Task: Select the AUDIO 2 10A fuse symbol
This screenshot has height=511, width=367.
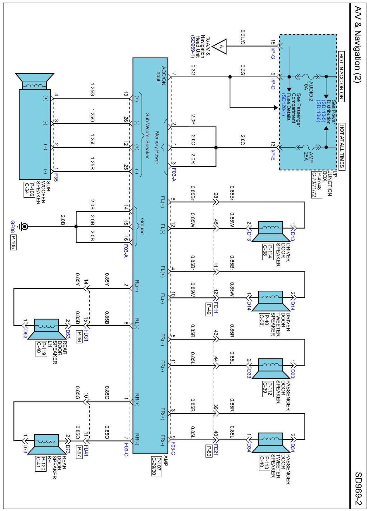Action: point(308,77)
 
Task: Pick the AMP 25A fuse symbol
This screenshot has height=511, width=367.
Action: point(308,147)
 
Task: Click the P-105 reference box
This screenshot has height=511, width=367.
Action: point(13,242)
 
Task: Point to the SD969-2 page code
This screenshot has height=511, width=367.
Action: point(358,488)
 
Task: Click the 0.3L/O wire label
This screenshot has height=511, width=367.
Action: point(242,37)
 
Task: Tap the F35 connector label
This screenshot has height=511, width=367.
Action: point(56,178)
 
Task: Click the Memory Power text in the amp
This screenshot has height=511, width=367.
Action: point(157,147)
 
